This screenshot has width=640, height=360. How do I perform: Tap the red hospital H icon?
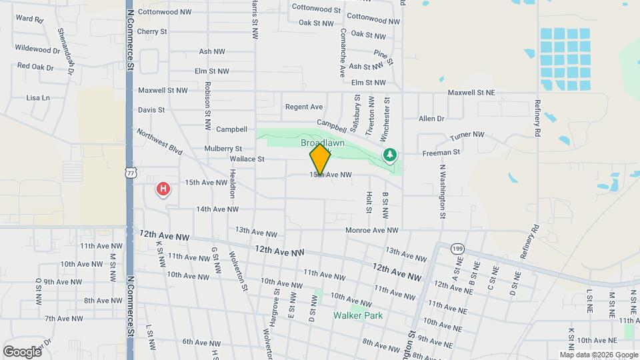coord(163,190)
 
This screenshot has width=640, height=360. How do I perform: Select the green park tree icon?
coord(390,155)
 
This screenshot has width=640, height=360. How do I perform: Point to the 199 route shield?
coord(456,247)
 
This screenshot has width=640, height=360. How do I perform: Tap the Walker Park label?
coord(359,315)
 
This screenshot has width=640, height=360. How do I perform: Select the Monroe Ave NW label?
coord(371,230)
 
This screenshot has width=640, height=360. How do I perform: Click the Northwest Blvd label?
coord(160,142)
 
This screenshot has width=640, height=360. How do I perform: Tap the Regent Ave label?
coord(304,107)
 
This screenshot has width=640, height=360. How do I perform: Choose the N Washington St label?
coord(442,192)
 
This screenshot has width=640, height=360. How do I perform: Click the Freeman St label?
coord(441,153)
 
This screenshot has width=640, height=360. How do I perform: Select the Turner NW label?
coord(467,135)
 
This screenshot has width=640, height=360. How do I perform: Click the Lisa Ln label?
coord(38,97)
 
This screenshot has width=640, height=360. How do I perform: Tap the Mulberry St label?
coord(223,148)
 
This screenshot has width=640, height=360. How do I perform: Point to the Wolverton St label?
coord(238,271)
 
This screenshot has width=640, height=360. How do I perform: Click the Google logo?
coord(22,351)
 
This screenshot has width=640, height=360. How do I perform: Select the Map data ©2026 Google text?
coord(598,355)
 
